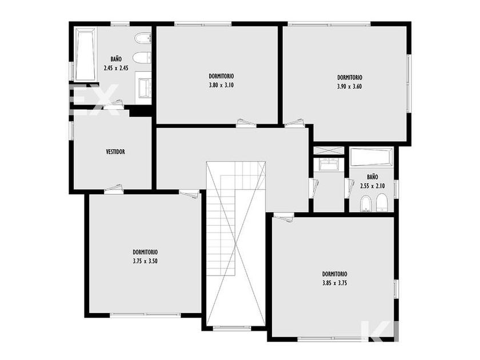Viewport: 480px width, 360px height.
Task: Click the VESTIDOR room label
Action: (115, 151)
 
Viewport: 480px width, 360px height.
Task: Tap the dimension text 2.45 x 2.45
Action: (115, 68)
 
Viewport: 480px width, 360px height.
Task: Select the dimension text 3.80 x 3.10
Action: (221, 85)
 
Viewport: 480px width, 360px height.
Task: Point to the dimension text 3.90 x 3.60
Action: (349, 86)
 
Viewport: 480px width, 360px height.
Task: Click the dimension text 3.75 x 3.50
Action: (145, 261)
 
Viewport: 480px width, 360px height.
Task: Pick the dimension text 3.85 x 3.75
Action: (335, 283)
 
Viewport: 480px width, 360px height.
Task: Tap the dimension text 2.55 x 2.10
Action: (372, 186)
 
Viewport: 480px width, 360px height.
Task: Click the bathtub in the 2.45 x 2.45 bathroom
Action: (85, 54)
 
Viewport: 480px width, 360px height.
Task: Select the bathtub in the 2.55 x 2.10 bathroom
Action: (371, 157)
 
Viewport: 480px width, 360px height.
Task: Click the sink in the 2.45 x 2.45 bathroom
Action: (144, 88)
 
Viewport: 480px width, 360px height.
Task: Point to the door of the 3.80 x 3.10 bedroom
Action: (246, 123)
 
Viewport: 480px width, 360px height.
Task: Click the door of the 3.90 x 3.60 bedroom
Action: (294, 123)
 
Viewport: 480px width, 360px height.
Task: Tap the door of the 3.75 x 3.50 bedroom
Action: (189, 194)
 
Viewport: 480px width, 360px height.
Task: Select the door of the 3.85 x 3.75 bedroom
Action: (284, 217)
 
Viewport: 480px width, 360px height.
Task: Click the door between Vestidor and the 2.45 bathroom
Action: (114, 104)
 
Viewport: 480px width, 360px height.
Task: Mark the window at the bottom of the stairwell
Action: (232, 328)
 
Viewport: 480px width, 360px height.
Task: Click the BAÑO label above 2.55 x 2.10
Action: (372, 177)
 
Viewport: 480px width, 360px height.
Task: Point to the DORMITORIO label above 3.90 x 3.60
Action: (350, 78)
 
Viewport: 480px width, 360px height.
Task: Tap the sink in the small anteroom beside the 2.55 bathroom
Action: (328, 165)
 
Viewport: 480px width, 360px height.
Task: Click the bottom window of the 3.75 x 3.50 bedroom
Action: (145, 315)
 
